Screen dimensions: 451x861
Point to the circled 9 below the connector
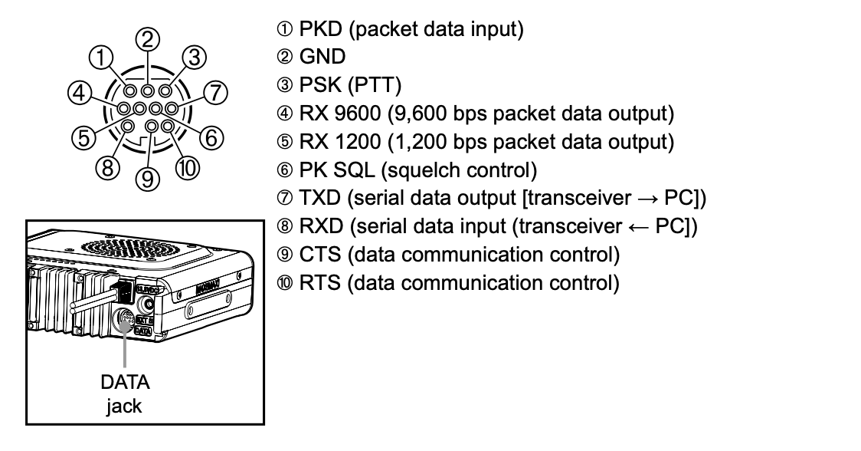point(149,179)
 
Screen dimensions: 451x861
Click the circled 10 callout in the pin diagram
point(190,168)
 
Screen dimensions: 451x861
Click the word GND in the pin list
point(322,58)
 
